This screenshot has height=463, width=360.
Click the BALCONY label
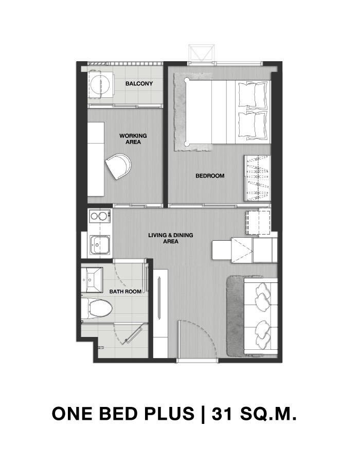pyautogui.click(x=139, y=83)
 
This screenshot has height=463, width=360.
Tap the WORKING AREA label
pyautogui.click(x=133, y=139)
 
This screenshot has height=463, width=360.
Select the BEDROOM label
pyautogui.click(x=210, y=176)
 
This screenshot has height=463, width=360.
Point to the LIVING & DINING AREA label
pyautogui.click(x=171, y=238)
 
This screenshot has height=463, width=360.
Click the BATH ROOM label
pyautogui.click(x=125, y=292)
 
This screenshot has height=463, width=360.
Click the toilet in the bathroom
pyautogui.click(x=97, y=309)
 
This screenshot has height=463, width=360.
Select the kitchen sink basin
pyautogui.click(x=100, y=245)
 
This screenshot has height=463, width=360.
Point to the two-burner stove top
pyautogui.click(x=99, y=216)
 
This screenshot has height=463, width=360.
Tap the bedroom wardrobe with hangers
pyautogui.click(x=257, y=178)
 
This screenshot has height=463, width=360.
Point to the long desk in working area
pyautogui.click(x=96, y=159)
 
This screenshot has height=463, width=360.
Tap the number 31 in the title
pyautogui.click(x=223, y=414)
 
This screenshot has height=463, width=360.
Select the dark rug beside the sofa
pyautogui.click(x=235, y=315)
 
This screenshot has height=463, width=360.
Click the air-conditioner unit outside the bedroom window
pyautogui.click(x=201, y=53)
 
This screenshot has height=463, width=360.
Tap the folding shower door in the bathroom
pyautogui.click(x=133, y=334)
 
